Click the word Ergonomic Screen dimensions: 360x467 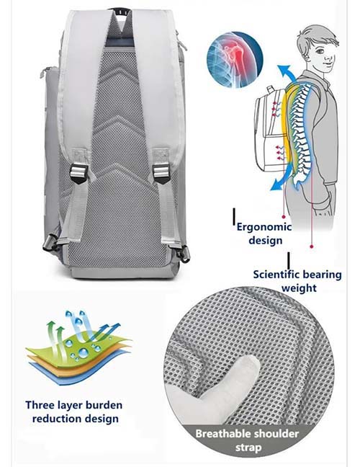tap(264, 227)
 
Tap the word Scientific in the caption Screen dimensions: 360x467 tap(279, 275)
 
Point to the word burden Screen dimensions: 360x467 tap(104, 405)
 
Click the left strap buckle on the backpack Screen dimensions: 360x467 tap(79, 174)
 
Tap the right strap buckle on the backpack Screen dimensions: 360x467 tap(161, 174)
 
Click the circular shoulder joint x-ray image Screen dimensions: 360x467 tap(235, 60)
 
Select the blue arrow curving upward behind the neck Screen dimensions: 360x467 tap(287, 75)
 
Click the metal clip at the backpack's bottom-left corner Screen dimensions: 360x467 tap(50, 243)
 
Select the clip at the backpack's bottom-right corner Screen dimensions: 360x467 tap(184, 254)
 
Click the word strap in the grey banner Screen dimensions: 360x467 tap(248, 448)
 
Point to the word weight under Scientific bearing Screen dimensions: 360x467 tap(299, 288)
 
